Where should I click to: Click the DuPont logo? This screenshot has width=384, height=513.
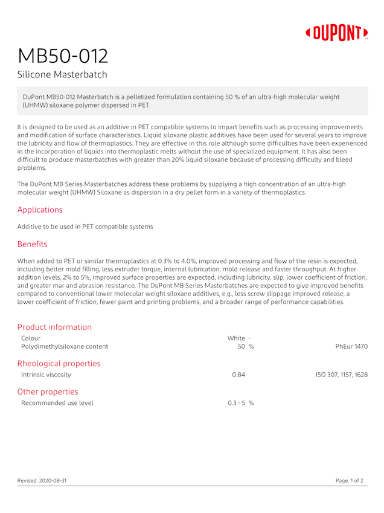[x=337, y=33]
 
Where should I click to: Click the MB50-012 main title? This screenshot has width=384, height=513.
[x=63, y=56]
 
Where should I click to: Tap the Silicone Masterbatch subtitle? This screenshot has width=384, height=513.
[x=62, y=75]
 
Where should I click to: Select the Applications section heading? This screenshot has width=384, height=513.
[x=40, y=210]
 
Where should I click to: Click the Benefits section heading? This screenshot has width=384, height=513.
[x=32, y=244]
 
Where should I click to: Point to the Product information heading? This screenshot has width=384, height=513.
[x=54, y=327]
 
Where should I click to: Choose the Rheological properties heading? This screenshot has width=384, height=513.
[x=59, y=363]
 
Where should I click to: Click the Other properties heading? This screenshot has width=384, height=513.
[x=48, y=392]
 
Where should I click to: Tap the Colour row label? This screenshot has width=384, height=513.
[x=31, y=338]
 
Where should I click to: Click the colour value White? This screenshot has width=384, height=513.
[x=236, y=338]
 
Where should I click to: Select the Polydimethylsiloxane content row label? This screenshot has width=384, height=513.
[x=65, y=347]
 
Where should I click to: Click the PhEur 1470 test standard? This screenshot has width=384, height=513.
[x=351, y=347]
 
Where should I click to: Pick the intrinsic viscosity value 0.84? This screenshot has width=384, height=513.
[x=238, y=375]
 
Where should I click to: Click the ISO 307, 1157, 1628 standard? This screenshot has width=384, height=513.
[x=342, y=375]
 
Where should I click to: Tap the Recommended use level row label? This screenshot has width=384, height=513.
[x=57, y=402]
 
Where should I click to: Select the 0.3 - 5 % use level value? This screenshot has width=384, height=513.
[x=241, y=402]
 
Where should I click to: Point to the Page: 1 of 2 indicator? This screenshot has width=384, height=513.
[x=350, y=480]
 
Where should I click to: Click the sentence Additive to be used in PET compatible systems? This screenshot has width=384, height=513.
[x=85, y=227]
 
